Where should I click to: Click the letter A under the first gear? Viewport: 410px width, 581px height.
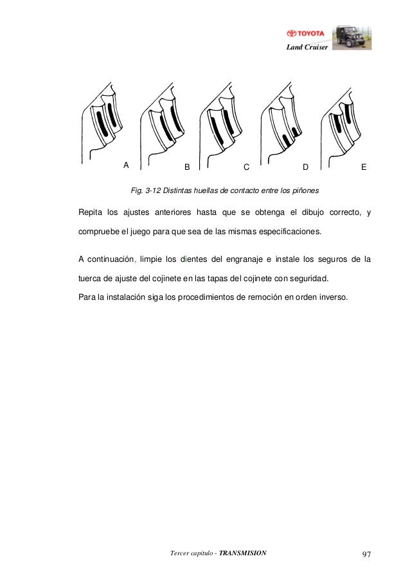tap(127, 164)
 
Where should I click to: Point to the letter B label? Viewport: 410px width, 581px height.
tap(187, 167)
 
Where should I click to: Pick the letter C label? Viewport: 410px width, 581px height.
tap(246, 167)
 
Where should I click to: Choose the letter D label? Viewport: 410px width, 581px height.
tap(305, 167)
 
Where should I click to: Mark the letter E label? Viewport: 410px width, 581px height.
tap(364, 167)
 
